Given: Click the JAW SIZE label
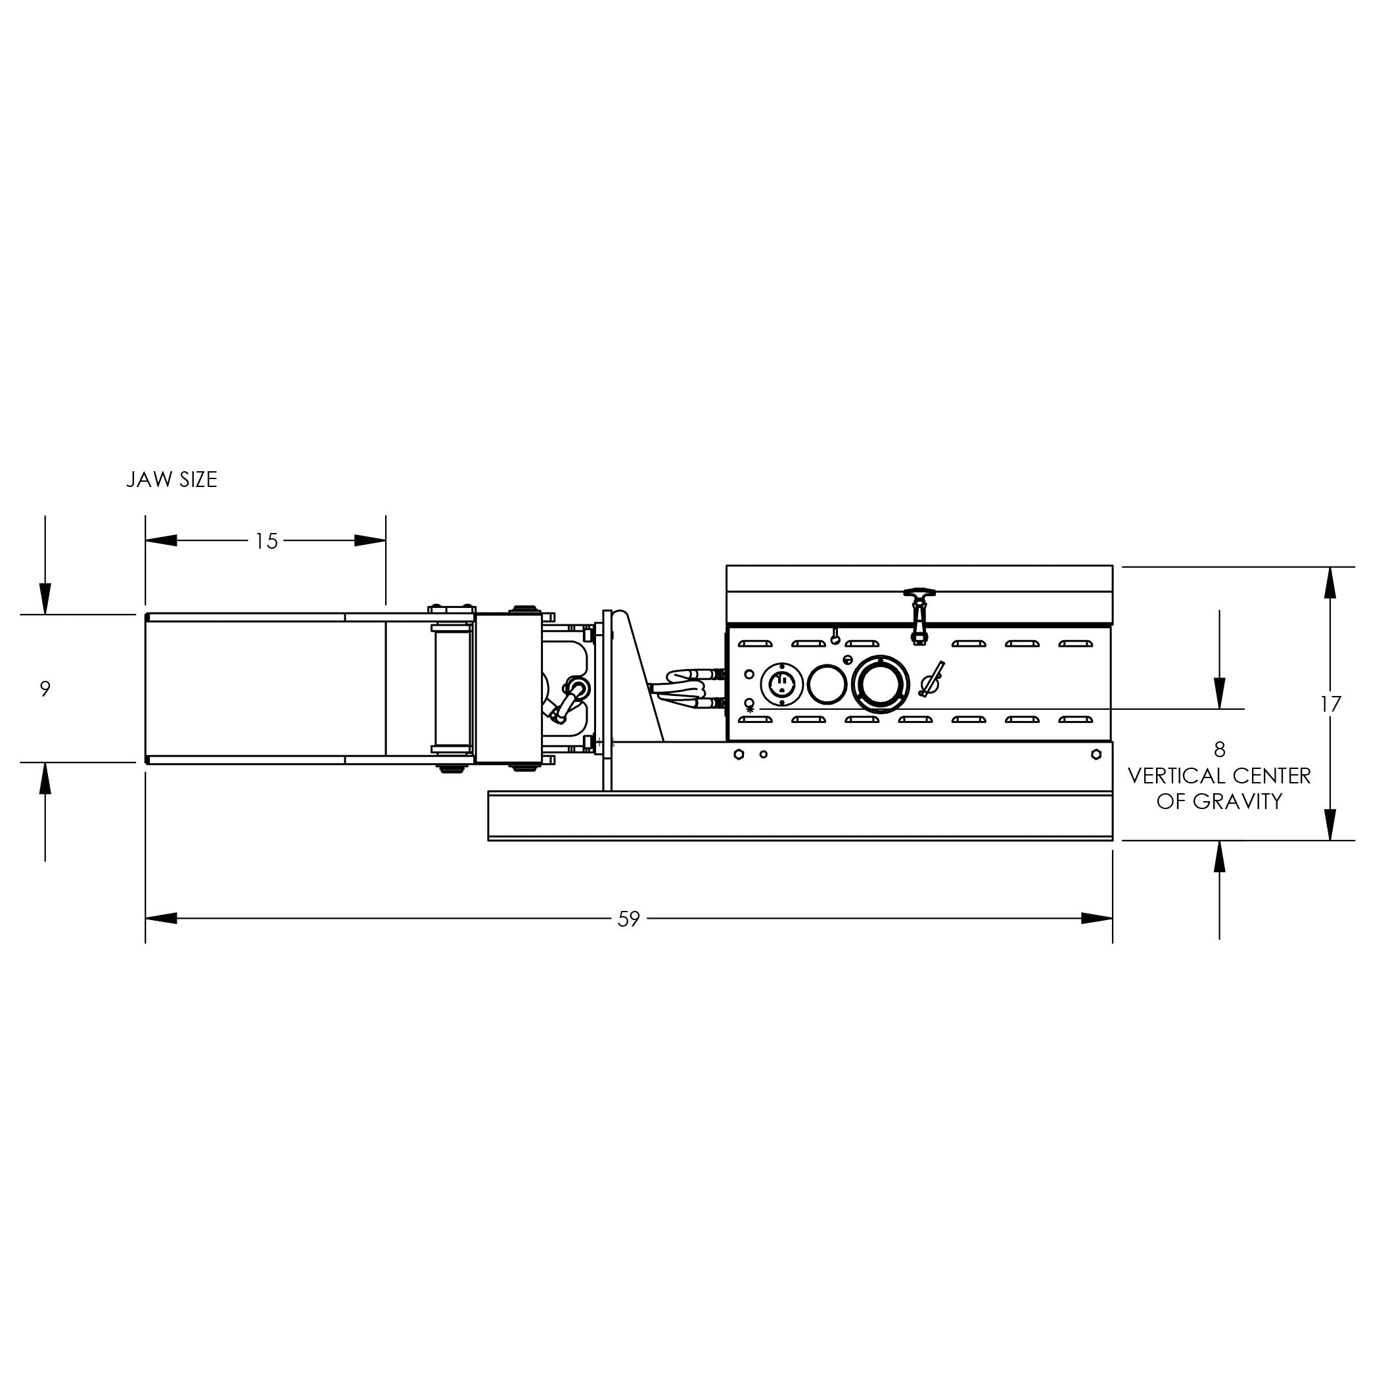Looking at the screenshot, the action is tap(172, 480).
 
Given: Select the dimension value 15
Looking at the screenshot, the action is tap(266, 541).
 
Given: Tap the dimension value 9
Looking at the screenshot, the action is tap(45, 689).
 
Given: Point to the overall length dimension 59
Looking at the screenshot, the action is tap(629, 919).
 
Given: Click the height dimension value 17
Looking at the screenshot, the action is tap(1330, 704).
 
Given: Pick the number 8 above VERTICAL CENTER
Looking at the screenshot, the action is tap(1220, 750).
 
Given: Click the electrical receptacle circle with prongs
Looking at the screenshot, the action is tap(782, 683).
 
